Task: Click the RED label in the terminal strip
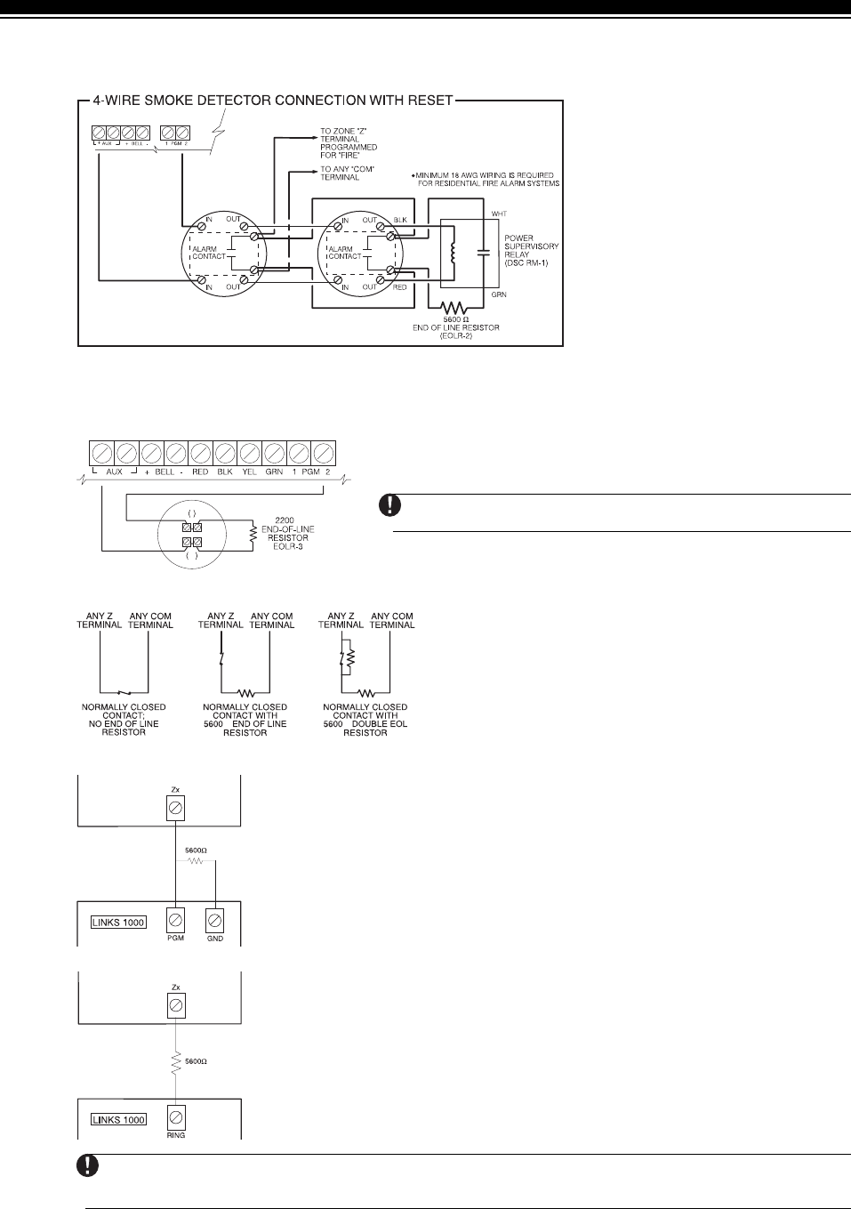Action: [199, 472]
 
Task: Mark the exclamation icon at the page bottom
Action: [91, 1166]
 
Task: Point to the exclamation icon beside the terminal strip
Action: [389, 504]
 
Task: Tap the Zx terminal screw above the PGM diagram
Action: [176, 807]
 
